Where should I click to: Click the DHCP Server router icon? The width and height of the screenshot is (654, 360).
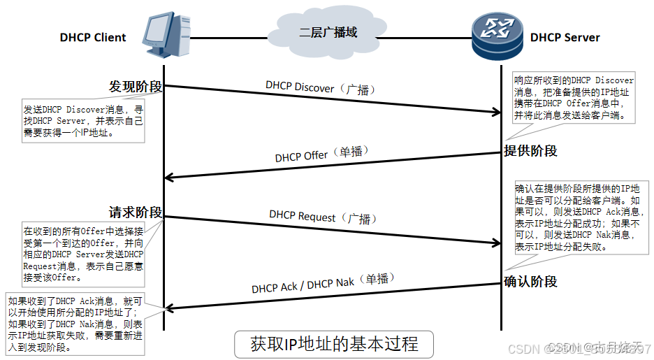point(497,35)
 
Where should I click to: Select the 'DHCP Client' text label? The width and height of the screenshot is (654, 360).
point(93,38)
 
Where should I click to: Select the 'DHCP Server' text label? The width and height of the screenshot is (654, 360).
point(565,38)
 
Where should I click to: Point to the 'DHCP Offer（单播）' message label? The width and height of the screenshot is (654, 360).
point(321,154)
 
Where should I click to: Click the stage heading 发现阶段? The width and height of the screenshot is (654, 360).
point(136,87)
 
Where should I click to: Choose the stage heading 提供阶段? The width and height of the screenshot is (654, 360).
point(531,151)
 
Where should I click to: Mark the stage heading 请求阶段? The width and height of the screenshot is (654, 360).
point(136,213)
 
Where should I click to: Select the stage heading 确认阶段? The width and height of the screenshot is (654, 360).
point(531,282)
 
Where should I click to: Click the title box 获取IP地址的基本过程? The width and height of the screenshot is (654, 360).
point(334,344)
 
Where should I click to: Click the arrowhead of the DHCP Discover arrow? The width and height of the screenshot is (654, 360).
point(496,111)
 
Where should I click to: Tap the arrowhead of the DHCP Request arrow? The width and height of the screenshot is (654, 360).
point(496,243)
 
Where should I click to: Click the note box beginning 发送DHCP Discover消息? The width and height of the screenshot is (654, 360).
point(84,120)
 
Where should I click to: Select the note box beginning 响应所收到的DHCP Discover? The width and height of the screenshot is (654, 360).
point(574,98)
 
